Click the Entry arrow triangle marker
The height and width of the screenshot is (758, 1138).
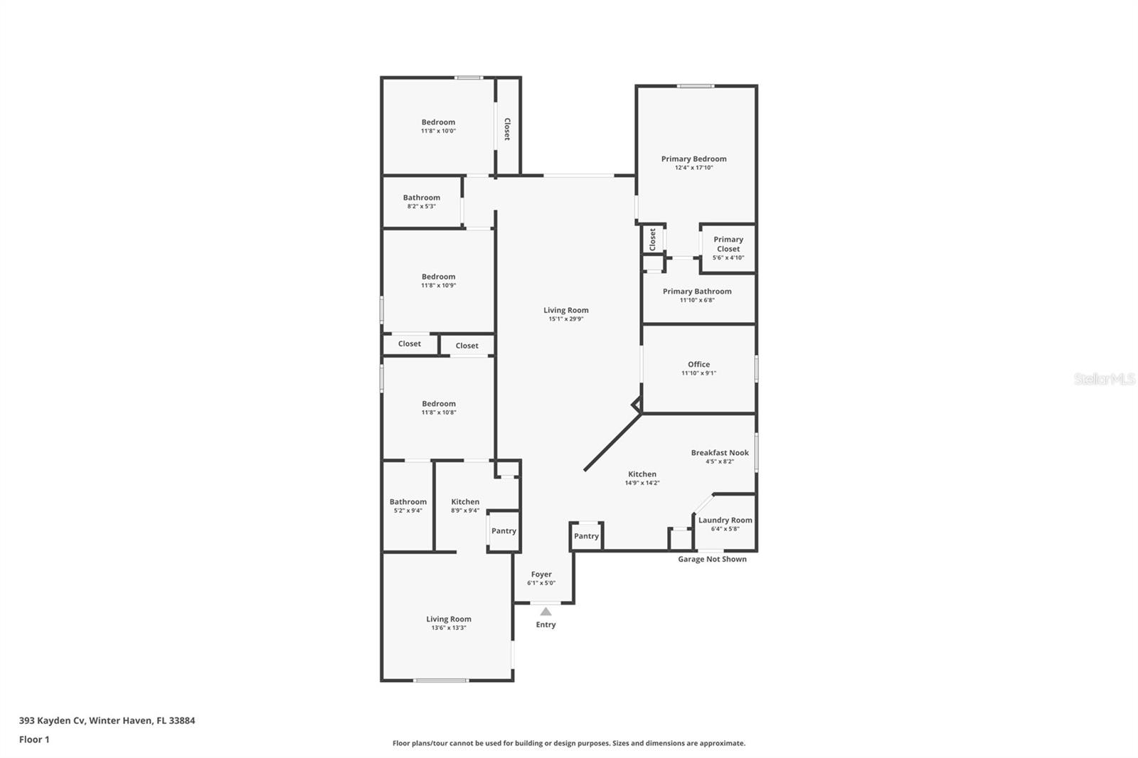click(x=546, y=612)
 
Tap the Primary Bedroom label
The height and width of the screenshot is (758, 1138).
click(x=693, y=159)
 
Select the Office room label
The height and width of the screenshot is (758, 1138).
click(x=698, y=364)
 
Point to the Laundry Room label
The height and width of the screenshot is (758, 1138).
click(x=725, y=520)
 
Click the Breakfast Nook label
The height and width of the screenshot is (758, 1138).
click(x=720, y=452)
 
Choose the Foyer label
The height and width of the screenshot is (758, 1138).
click(x=541, y=574)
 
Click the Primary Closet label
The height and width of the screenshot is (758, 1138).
click(x=728, y=244)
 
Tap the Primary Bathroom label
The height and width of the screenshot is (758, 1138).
click(x=697, y=291)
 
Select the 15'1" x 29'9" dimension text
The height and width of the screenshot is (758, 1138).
click(x=565, y=319)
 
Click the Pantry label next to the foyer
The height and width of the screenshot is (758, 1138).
click(x=586, y=536)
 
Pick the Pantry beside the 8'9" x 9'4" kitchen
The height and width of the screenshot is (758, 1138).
click(x=504, y=530)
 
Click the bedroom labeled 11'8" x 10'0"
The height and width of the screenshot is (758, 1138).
click(x=438, y=122)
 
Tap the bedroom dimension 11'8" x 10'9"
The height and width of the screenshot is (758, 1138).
click(x=438, y=286)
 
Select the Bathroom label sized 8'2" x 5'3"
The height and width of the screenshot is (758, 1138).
click(x=422, y=198)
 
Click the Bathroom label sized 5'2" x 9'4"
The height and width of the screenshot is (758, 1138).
click(x=408, y=501)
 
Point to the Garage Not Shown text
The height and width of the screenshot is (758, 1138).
click(x=712, y=559)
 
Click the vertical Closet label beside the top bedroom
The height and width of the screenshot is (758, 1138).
click(x=507, y=129)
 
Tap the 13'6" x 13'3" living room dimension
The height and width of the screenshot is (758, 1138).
click(x=449, y=628)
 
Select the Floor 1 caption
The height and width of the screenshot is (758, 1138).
click(x=34, y=740)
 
